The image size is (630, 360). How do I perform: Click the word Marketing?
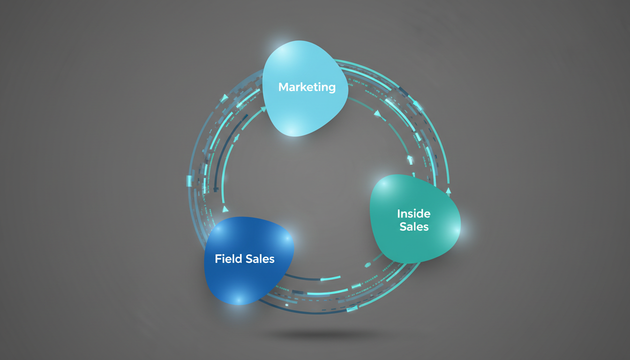pyautogui.click(x=307, y=87)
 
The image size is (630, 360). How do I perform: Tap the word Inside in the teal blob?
pyautogui.click(x=414, y=214)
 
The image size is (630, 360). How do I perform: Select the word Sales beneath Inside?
pyautogui.click(x=414, y=227)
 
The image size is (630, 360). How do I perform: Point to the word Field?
pyautogui.click(x=228, y=259)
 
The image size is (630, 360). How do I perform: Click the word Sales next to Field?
pyautogui.click(x=260, y=259)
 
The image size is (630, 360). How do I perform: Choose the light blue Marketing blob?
pyautogui.click(x=305, y=88)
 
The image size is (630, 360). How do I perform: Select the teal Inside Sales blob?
pyautogui.click(x=415, y=219)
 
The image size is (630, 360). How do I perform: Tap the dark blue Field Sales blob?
pyautogui.click(x=249, y=261)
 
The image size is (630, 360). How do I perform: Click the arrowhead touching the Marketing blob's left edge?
pyautogui.click(x=263, y=109)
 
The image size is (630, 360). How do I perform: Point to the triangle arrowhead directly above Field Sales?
pyautogui.click(x=225, y=209)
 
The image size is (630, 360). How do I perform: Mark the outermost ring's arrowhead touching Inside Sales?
pyautogui.click(x=448, y=191)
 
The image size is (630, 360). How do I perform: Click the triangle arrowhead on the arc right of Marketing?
pyautogui.click(x=377, y=113)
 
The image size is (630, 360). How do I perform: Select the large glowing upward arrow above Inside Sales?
pyautogui.click(x=410, y=160)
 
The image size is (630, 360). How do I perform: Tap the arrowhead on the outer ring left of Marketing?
pyautogui.click(x=224, y=98)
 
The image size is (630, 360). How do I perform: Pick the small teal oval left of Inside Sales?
pyautogui.click(x=367, y=265)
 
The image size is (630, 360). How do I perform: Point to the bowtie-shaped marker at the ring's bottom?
pyautogui.click(x=352, y=309)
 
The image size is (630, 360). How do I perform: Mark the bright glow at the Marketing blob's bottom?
pyautogui.click(x=292, y=131)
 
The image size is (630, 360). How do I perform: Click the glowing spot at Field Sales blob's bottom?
pyautogui.click(x=239, y=300)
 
